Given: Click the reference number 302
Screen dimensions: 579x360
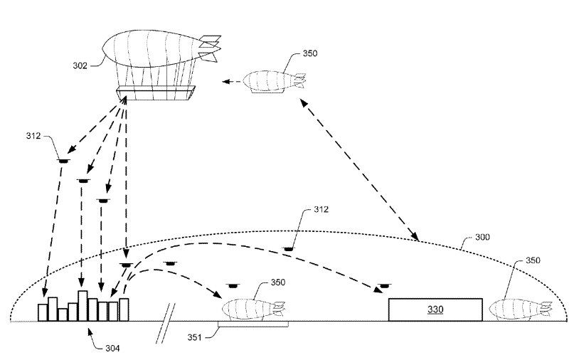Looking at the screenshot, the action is click(x=80, y=65).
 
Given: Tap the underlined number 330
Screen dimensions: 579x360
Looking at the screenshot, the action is click(x=435, y=309).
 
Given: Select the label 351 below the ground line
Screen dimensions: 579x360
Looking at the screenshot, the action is click(x=195, y=337).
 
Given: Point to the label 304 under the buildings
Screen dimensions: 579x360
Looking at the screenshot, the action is click(x=112, y=348).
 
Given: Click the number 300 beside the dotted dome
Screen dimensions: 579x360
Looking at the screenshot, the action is click(x=482, y=237).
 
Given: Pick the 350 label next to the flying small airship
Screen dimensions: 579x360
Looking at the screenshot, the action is click(x=310, y=53).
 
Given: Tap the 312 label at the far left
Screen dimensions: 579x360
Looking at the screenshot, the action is click(x=33, y=136).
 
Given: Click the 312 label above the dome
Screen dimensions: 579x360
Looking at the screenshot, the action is click(x=321, y=209).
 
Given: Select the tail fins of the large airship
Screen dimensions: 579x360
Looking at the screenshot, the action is click(x=210, y=48).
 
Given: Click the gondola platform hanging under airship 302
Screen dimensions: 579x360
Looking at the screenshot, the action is click(x=156, y=93).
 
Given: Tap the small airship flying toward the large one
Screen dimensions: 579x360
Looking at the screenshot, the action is click(x=275, y=81).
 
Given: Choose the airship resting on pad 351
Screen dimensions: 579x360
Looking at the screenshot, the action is click(x=254, y=309).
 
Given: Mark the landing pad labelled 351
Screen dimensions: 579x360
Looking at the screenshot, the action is click(x=253, y=324).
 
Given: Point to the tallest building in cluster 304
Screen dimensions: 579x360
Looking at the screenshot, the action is click(x=83, y=306).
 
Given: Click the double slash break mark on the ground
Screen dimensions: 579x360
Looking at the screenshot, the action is click(x=166, y=323).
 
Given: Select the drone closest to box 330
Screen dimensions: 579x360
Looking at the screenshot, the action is click(x=384, y=286).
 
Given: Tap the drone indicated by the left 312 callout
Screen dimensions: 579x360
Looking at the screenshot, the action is click(x=63, y=161).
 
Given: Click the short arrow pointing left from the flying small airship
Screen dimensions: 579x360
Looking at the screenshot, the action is click(x=231, y=81).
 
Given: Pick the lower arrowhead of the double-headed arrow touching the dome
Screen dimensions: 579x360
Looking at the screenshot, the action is click(x=415, y=236).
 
